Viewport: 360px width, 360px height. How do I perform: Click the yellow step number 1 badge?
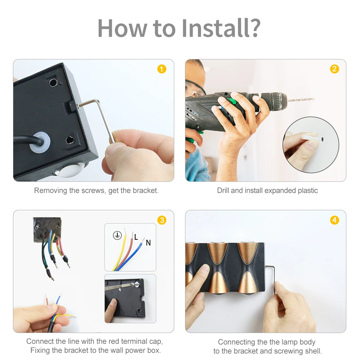point(162,69)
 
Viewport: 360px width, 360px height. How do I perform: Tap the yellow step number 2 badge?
point(334,69)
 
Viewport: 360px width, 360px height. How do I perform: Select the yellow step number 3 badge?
point(162,220)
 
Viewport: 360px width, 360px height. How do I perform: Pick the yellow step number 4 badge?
point(334,220)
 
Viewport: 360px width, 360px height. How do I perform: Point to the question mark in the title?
point(255,28)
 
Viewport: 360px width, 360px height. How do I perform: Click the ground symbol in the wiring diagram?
point(117,235)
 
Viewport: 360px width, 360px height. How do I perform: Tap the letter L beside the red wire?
point(136,237)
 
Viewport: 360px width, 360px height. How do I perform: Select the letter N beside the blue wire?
point(148,243)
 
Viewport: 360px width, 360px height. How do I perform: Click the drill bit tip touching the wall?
point(314,99)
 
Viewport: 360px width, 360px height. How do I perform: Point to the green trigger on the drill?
point(232,101)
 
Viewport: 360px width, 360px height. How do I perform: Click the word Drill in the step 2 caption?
point(223,190)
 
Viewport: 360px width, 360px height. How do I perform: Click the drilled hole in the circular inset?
point(322,139)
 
